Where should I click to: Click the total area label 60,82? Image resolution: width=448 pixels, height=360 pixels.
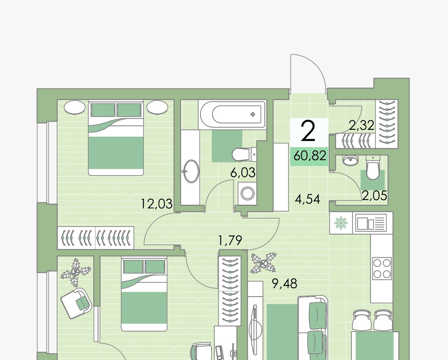pos(310,156)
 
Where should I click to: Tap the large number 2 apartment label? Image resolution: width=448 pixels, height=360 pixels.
pos(308,131)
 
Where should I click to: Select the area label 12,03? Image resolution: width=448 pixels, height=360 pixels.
pos(156,204)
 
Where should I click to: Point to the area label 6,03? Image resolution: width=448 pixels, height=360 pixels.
pos(243,173)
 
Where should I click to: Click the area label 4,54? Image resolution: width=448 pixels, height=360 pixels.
pos(307,199)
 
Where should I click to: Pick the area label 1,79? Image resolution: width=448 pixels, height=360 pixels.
pos(230,240)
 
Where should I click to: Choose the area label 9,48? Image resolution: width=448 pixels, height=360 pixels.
pos(284,283)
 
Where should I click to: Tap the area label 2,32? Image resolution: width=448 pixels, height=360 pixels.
pos(361,125)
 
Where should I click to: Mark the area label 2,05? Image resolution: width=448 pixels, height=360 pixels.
pos(374,196)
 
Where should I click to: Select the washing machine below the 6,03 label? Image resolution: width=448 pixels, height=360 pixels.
pos(247,193)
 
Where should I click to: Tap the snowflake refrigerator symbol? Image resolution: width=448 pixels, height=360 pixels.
pos(341,223)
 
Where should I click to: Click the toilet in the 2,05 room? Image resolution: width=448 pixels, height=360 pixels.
pos(373,168)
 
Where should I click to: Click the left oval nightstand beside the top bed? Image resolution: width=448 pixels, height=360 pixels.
pos(75,107)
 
